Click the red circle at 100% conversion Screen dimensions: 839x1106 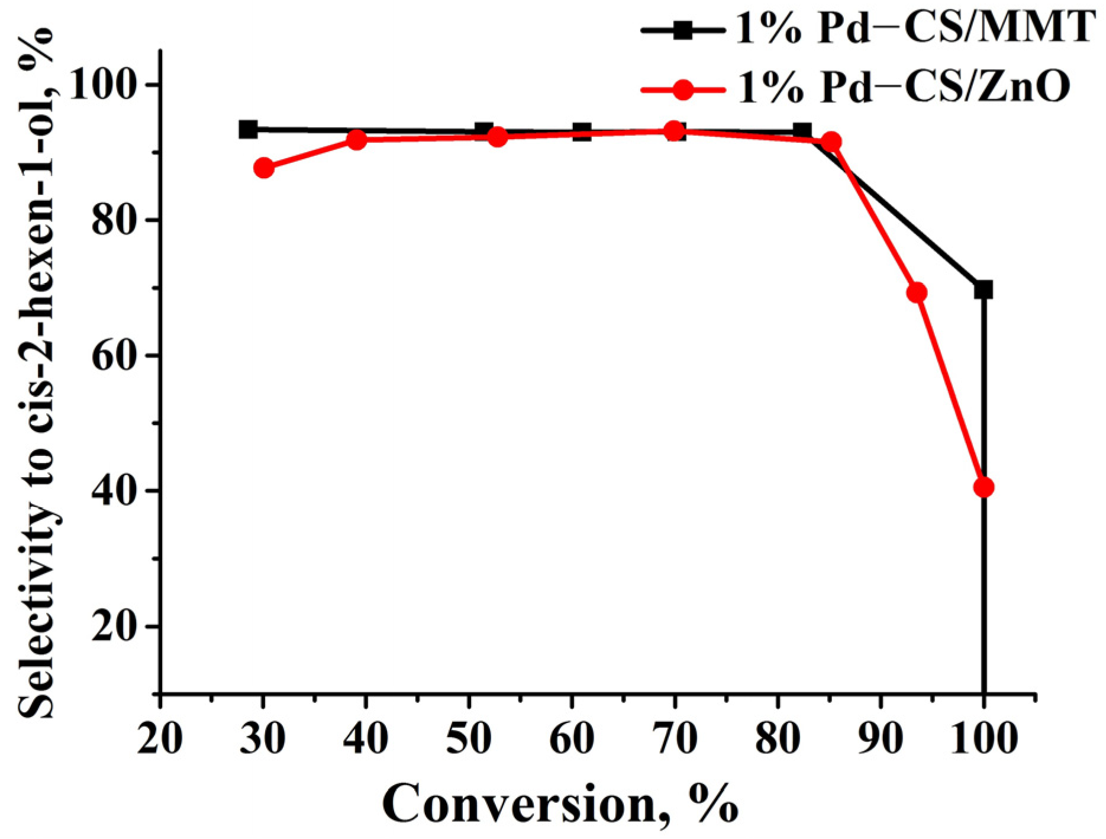coord(983,487)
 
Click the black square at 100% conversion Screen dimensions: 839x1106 coord(983,290)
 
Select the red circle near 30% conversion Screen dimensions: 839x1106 coord(264,168)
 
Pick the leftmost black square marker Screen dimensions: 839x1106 coord(249,129)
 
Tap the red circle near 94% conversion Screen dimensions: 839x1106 coord(917,292)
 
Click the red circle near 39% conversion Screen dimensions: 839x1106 coord(357,140)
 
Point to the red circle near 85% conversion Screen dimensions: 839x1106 coord(831,142)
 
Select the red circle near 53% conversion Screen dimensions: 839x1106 coord(498,137)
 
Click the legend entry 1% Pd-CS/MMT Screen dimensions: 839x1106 coord(914,28)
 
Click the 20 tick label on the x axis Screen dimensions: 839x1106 coord(160,738)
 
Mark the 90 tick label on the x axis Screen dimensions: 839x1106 coord(881,738)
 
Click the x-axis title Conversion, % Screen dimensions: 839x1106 coord(560,804)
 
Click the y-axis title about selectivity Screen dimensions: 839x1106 coord(37,373)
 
